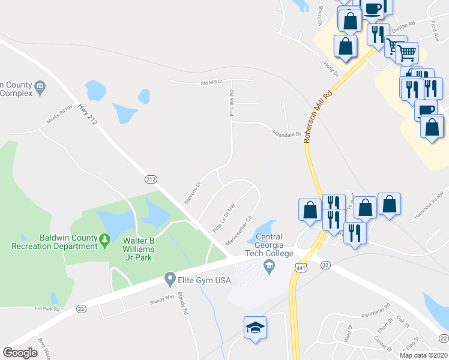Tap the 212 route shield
(151, 179)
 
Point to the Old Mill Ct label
(211, 82)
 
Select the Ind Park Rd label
(47, 309)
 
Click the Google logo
(20, 353)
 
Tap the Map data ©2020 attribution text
(424, 355)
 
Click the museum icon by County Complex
(40, 86)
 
